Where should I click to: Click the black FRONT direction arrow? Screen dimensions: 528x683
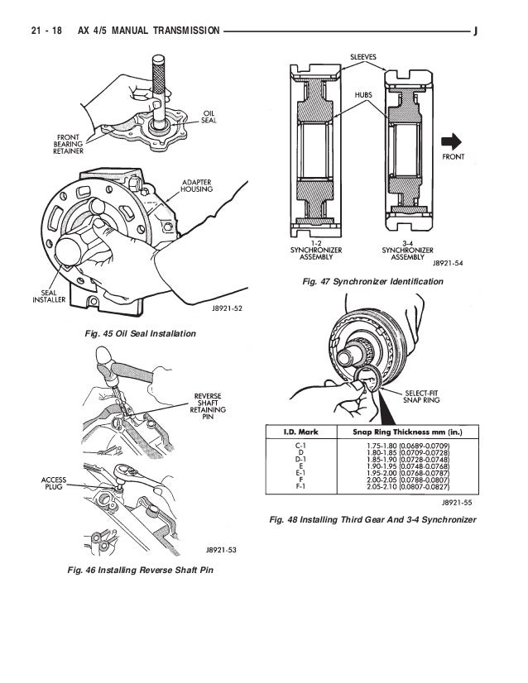451,141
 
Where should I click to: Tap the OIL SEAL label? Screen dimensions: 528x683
209,117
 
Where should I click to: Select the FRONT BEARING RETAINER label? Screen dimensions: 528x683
68,144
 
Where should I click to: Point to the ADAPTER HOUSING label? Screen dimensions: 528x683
197,185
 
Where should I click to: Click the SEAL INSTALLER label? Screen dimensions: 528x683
49,296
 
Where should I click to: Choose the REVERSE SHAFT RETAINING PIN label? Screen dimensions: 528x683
208,406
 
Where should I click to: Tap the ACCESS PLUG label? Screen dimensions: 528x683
54,483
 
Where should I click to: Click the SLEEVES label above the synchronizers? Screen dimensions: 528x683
363,57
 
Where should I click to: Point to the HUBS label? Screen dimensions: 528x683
363,94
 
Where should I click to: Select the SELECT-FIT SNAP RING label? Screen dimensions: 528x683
421,396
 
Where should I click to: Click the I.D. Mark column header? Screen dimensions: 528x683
301,432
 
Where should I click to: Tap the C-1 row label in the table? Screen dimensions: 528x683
301,446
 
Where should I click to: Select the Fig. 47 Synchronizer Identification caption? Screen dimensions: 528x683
372,282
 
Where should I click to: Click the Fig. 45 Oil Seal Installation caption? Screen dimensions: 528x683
141,334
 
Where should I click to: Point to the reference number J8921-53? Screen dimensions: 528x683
221,550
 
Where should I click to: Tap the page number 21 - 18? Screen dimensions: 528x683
46,31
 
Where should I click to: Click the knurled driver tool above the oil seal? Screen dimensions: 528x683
158,92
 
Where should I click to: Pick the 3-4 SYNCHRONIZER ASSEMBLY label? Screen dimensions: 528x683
408,251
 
